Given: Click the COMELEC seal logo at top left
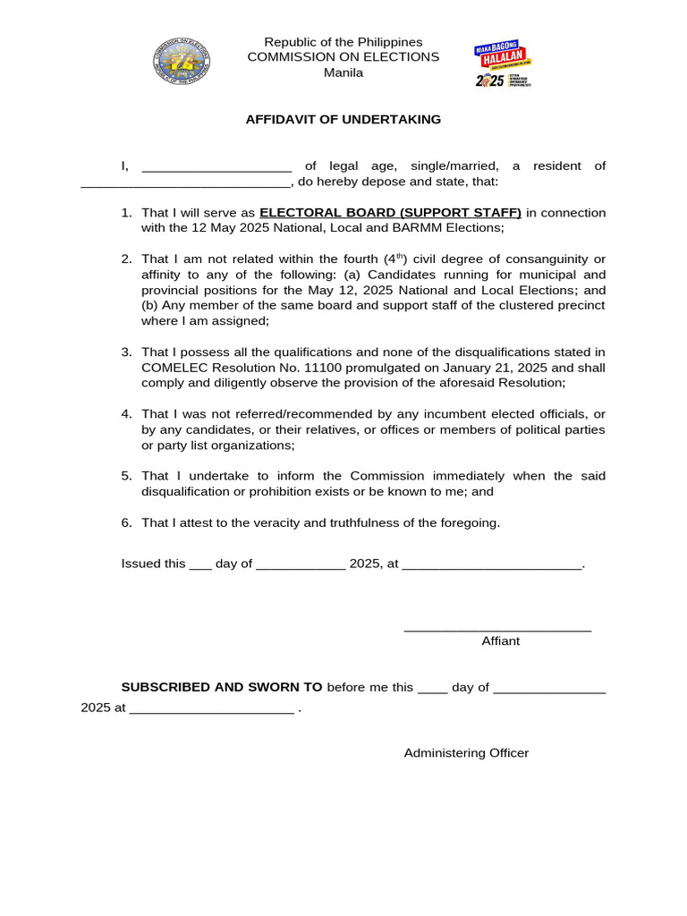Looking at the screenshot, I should tap(182, 61).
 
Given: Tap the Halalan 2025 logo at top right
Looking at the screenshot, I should tap(503, 64).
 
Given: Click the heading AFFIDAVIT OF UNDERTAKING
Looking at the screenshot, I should tap(343, 119).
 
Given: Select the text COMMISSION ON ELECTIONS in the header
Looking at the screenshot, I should tap(343, 57).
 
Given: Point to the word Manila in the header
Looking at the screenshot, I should tap(343, 72).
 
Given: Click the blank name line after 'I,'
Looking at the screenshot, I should tap(216, 167).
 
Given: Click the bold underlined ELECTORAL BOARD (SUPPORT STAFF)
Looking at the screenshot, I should tap(390, 213).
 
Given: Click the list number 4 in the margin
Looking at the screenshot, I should tap(126, 414).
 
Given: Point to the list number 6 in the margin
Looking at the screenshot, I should tap(126, 522).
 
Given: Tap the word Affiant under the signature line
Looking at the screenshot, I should tap(500, 641).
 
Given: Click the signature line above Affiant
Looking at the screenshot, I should tap(497, 630).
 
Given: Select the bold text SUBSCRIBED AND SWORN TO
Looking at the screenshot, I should tap(222, 687).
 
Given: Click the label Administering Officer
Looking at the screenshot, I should tap(466, 753).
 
